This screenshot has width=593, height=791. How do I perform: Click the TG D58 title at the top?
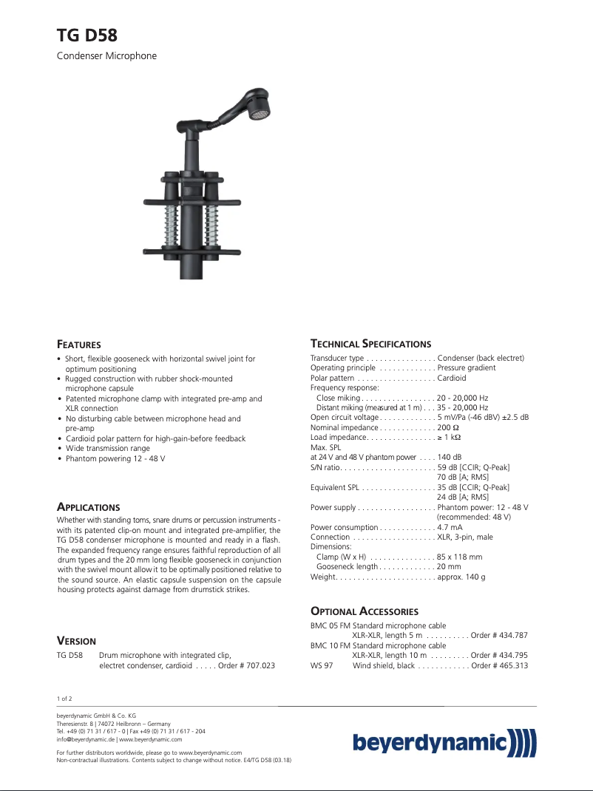(87, 35)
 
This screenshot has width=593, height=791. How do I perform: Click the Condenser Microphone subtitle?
(106, 56)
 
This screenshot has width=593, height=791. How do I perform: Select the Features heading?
(79, 344)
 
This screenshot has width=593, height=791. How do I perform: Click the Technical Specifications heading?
(370, 344)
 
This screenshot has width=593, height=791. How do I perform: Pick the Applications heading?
(88, 508)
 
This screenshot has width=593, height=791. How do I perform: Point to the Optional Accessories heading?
(365, 611)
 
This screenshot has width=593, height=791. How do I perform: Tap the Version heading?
(76, 641)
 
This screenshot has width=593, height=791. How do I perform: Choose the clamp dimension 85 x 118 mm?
(459, 557)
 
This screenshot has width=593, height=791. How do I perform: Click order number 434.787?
(512, 636)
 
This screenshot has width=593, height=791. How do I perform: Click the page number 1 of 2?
(64, 699)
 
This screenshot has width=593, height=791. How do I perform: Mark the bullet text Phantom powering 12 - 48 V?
(115, 459)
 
